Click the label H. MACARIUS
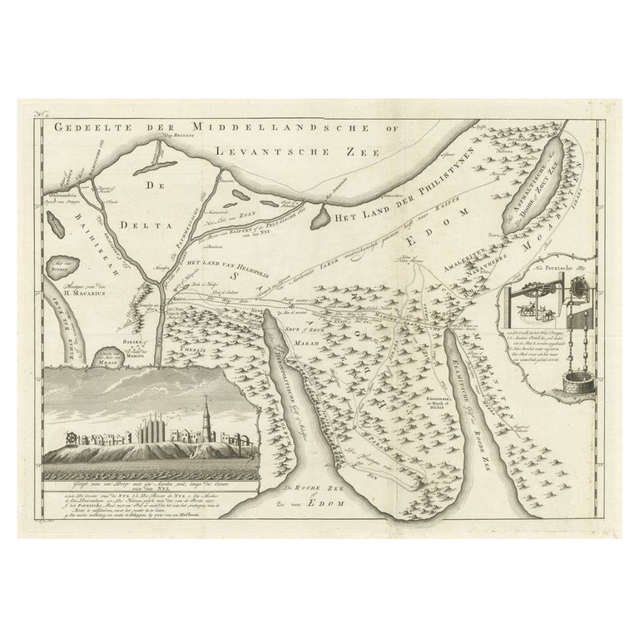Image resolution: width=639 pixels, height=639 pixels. click(x=77, y=292)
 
